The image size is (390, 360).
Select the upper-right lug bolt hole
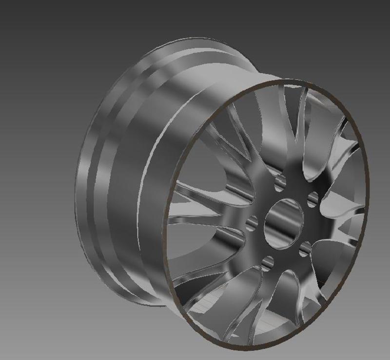click(313, 199)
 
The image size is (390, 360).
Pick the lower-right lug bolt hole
click(305, 249)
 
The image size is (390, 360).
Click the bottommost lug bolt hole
click(267, 264)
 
